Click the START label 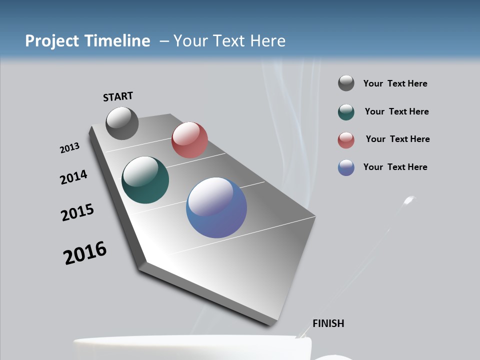tap(118, 96)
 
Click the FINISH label tap(328, 323)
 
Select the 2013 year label tap(69, 148)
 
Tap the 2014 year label tap(73, 177)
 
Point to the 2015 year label tap(77, 212)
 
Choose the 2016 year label tap(85, 253)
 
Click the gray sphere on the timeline tap(122, 123)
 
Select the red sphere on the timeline tap(189, 140)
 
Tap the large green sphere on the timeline tap(145, 180)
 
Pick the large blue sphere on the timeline tap(216, 207)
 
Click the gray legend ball tap(346, 83)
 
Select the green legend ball tap(346, 112)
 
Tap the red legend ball tap(346, 140)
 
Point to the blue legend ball tap(346, 167)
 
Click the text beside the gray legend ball tap(395, 83)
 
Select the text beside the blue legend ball tap(395, 167)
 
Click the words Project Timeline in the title tap(87, 41)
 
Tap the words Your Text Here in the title tap(229, 41)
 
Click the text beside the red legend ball tap(397, 139)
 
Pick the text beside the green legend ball tap(396, 111)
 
